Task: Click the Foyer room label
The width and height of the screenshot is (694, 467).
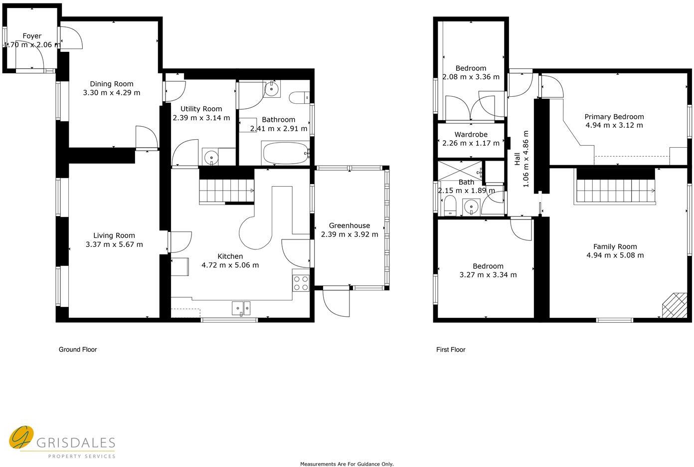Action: pyautogui.click(x=32, y=36)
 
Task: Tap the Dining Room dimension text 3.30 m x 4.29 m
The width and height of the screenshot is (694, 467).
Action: pyautogui.click(x=111, y=93)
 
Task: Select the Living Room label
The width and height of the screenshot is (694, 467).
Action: pyautogui.click(x=114, y=235)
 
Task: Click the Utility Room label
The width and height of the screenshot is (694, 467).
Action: pyautogui.click(x=201, y=109)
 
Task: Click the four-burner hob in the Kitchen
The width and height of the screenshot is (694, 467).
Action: pyautogui.click(x=301, y=283)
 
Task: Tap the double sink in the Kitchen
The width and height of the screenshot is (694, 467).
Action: pyautogui.click(x=241, y=309)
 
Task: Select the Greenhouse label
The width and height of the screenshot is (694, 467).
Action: pyautogui.click(x=349, y=226)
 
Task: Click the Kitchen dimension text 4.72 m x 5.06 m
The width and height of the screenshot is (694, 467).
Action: pyautogui.click(x=230, y=265)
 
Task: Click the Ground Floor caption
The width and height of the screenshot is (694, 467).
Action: pyautogui.click(x=78, y=350)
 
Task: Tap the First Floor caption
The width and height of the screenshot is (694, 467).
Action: pyautogui.click(x=450, y=350)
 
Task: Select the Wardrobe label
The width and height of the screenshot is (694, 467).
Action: pyautogui.click(x=471, y=135)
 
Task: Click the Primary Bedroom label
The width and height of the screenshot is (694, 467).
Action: pyautogui.click(x=614, y=117)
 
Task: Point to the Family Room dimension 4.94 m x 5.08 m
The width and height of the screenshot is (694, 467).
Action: pyautogui.click(x=615, y=255)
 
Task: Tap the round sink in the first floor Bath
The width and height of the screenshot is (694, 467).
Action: pyautogui.click(x=471, y=207)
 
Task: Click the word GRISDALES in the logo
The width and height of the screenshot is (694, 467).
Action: pyautogui.click(x=76, y=443)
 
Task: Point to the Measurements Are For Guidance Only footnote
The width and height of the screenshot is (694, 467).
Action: pyautogui.click(x=347, y=464)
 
